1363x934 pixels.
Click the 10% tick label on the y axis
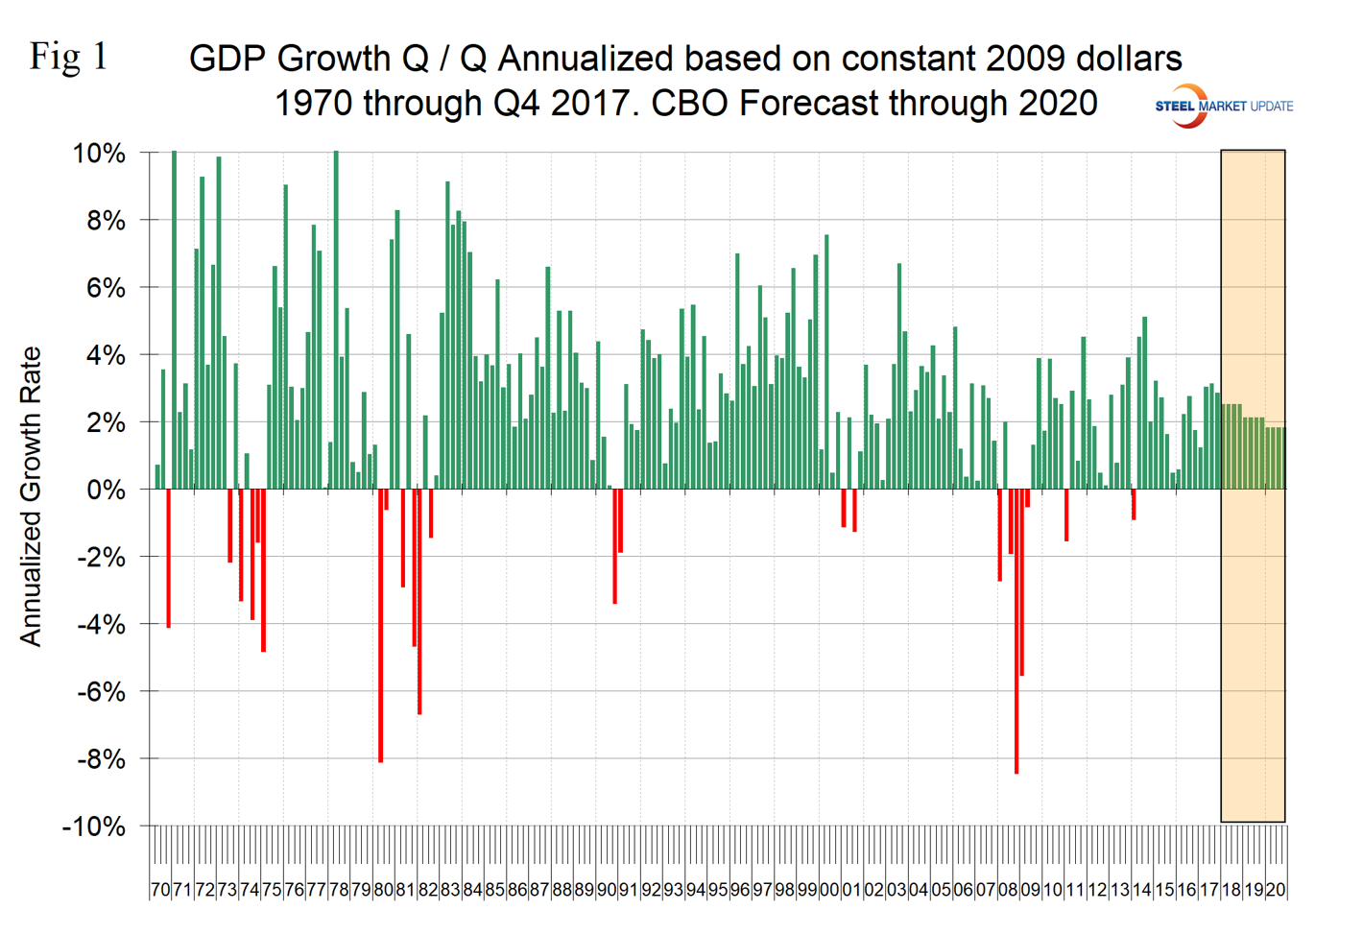(99, 154)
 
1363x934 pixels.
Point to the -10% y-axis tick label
(94, 826)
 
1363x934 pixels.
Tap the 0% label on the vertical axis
(106, 490)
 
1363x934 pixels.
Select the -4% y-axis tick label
(101, 625)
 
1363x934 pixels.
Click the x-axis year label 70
(160, 890)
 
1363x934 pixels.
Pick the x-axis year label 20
(1276, 890)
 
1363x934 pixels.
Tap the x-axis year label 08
(1008, 890)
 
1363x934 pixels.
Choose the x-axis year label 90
(607, 890)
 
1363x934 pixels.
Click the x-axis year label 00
(829, 890)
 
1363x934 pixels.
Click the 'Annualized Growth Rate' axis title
(31, 496)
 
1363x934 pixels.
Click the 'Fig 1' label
(68, 57)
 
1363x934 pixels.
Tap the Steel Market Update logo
(1223, 106)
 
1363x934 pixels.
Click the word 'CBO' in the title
(691, 103)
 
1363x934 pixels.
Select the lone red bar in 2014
(1134, 504)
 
